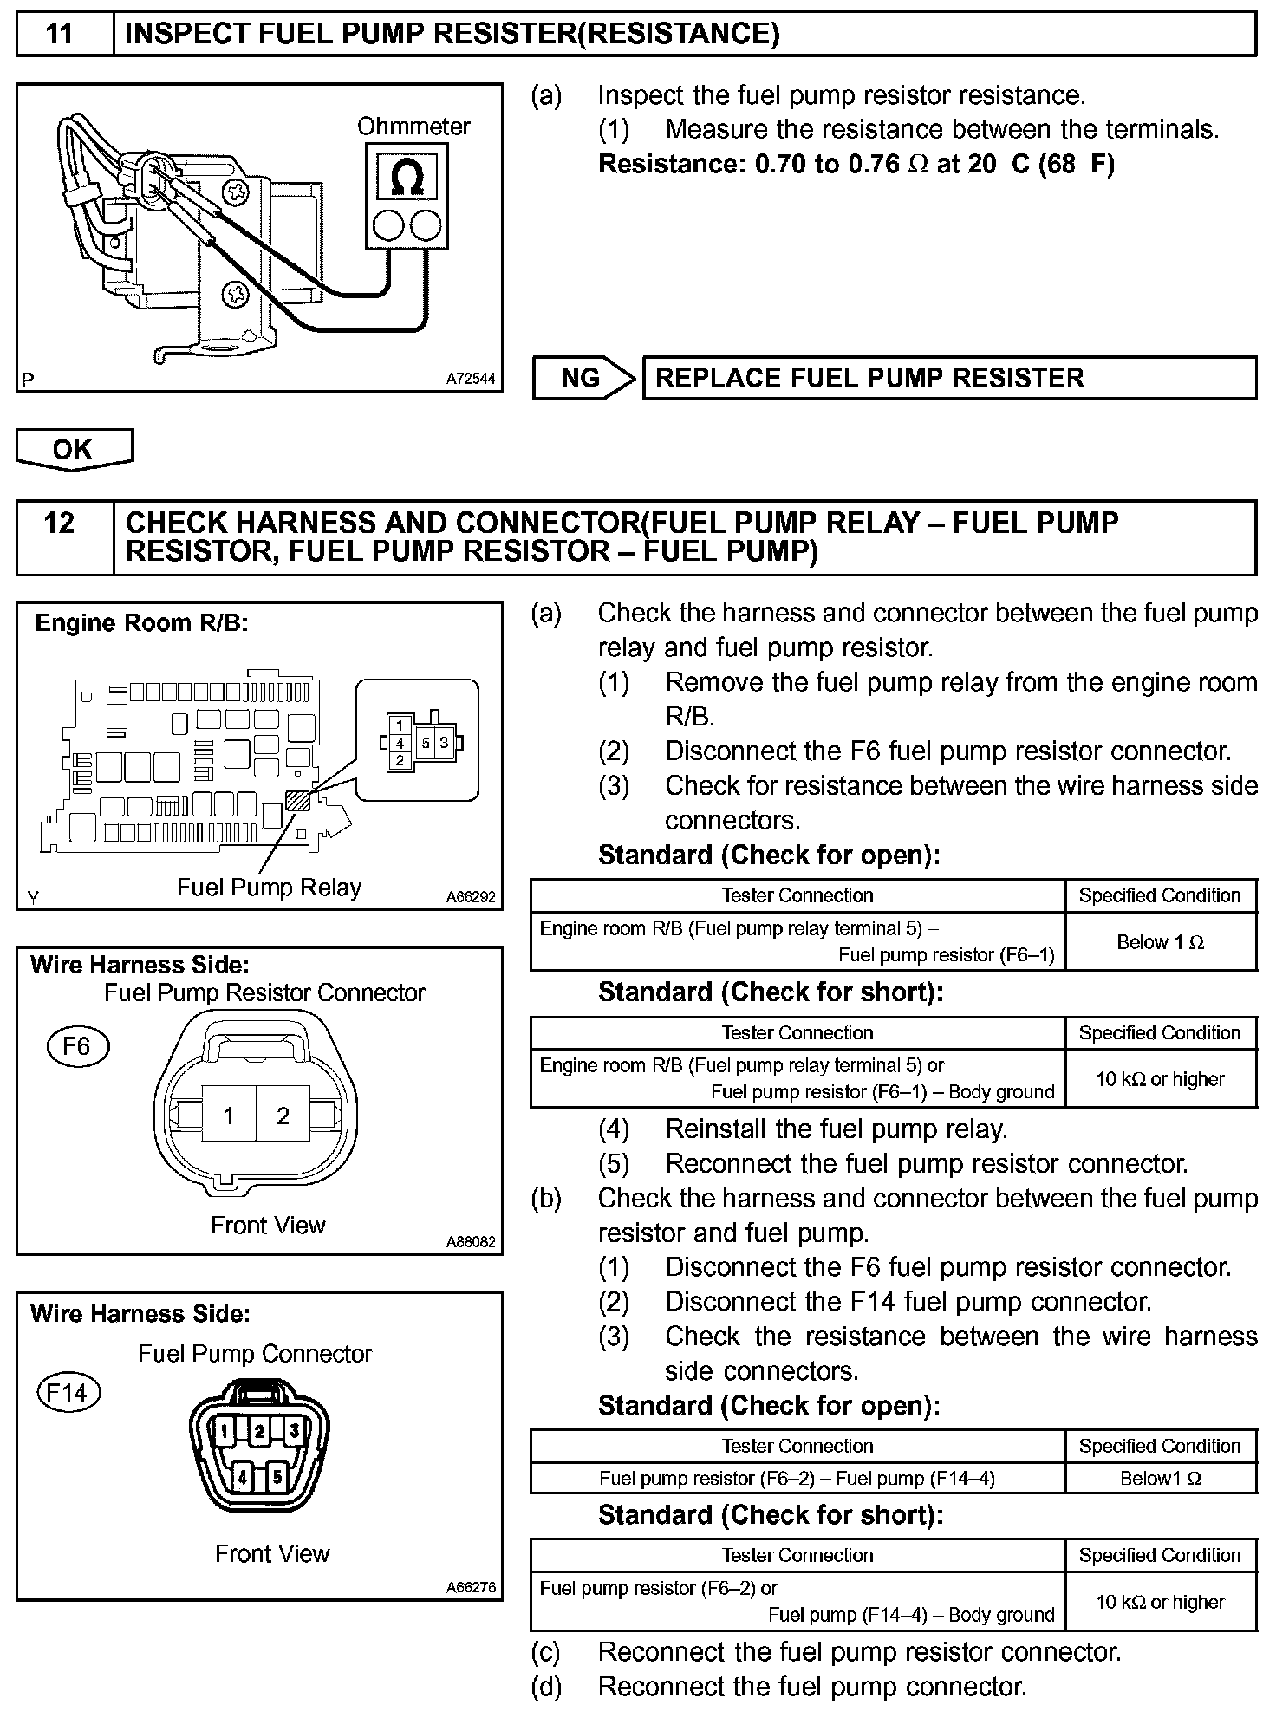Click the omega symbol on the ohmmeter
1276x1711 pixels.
(407, 178)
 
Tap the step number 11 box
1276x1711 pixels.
(60, 34)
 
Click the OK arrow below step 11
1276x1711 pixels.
(74, 449)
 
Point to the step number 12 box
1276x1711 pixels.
(60, 524)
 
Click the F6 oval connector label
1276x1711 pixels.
(76, 1047)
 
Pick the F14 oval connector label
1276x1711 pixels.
(68, 1393)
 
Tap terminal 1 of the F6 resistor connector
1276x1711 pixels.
(229, 1116)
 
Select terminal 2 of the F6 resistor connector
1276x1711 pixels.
(283, 1116)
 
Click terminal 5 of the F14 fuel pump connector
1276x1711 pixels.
(277, 1475)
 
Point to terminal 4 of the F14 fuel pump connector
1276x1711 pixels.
(243, 1476)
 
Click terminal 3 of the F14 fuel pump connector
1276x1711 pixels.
(295, 1431)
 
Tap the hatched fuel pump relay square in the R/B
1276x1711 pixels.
(298, 799)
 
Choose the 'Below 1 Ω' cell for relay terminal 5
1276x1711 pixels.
(1160, 942)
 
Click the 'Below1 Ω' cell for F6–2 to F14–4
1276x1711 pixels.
(1160, 1479)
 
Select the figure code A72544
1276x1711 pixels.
(471, 379)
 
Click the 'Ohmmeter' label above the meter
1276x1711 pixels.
(413, 127)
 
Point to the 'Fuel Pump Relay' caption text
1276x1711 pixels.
(269, 888)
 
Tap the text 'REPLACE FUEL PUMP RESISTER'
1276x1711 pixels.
(869, 378)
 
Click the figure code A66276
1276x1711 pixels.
(471, 1588)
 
